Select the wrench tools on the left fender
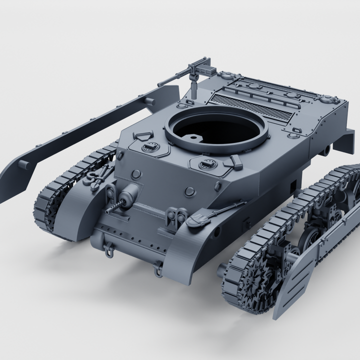click(x=100, y=172)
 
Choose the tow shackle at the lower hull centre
click(x=157, y=270)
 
